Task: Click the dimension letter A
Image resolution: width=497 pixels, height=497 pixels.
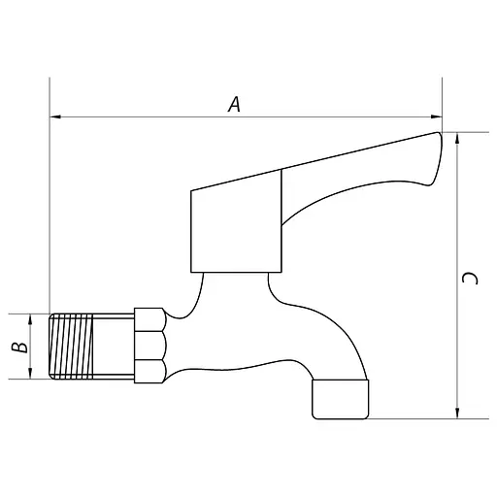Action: (234, 104)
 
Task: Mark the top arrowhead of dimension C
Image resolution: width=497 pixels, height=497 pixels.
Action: (457, 138)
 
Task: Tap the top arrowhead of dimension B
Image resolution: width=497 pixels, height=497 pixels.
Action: (32, 317)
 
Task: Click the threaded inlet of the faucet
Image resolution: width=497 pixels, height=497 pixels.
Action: (90, 345)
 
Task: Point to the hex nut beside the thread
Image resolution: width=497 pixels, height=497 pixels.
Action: (149, 345)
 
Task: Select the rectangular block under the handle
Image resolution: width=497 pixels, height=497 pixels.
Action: (236, 223)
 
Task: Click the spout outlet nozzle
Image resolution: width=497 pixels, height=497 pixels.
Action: (341, 399)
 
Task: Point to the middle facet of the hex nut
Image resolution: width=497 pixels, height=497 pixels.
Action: (149, 345)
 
